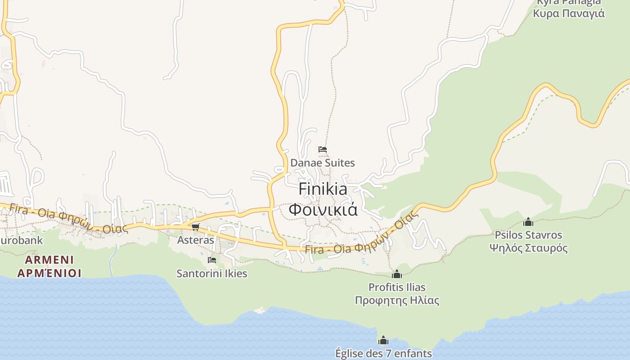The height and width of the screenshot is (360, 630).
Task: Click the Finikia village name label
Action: point(323,189)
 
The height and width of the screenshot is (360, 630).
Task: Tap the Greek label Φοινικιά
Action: point(323,210)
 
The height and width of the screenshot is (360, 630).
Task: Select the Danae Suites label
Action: point(323,163)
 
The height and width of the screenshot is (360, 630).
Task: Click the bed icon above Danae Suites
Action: point(322,149)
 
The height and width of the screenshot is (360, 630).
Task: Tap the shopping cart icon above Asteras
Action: point(195,227)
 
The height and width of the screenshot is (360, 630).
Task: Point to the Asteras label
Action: point(196,240)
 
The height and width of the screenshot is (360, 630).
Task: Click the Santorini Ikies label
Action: point(211,273)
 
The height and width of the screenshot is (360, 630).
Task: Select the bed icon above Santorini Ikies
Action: point(211,260)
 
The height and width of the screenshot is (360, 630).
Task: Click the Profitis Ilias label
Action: point(397,287)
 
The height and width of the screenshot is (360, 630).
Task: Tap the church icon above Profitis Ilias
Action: point(397,274)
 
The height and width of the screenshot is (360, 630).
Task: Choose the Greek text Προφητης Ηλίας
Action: point(397,300)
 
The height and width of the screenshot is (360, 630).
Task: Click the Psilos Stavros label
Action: point(528,235)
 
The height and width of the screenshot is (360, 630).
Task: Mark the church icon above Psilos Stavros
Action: point(528,222)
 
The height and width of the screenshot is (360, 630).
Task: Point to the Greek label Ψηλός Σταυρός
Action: point(528,248)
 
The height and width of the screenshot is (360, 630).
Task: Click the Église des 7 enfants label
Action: point(383,353)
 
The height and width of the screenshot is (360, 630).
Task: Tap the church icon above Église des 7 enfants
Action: point(383,340)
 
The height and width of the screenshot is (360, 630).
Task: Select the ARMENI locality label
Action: point(49,260)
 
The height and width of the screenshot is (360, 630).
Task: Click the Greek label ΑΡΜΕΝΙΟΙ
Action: point(49,273)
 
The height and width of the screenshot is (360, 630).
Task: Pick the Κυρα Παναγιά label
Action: point(569,13)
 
